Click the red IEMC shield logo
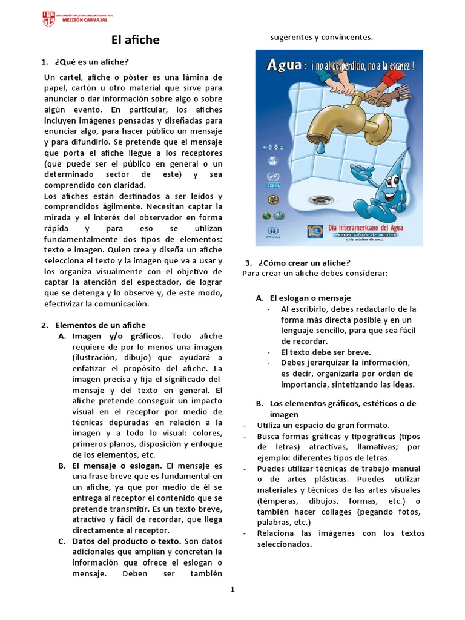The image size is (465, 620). pyautogui.click(x=48, y=18)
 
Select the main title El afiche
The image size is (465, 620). pyautogui.click(x=135, y=40)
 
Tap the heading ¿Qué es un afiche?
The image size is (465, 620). pyautogui.click(x=91, y=62)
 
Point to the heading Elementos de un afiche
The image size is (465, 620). pyautogui.click(x=100, y=325)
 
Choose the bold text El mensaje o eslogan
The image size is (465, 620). pyautogui.click(x=117, y=466)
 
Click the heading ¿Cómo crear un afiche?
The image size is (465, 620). pyautogui.click(x=304, y=263)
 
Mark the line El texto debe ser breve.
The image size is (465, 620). pyautogui.click(x=326, y=352)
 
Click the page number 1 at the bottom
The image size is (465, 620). pyautogui.click(x=232, y=590)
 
